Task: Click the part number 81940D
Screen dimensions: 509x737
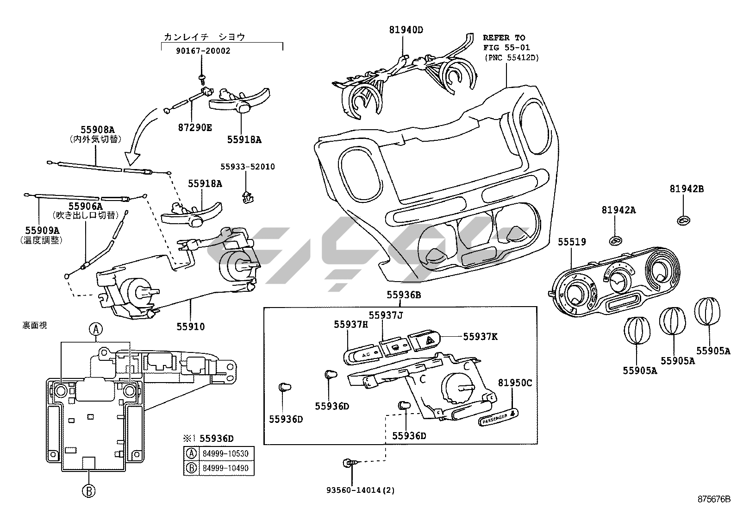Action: coord(406,31)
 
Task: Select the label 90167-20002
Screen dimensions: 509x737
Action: coord(202,51)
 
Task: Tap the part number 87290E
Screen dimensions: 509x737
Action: coord(194,127)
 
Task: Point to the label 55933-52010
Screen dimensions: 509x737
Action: coord(247,167)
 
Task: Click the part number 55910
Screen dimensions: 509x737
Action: coord(190,327)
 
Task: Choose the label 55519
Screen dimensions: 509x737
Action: coord(572,242)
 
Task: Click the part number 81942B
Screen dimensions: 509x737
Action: coord(686,189)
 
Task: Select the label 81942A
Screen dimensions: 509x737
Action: coord(618,210)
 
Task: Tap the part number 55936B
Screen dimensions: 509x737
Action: coord(404,295)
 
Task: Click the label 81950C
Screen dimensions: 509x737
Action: coord(515,383)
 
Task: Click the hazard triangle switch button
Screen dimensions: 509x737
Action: coord(427,341)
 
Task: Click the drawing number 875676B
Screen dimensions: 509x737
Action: coord(713,500)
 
